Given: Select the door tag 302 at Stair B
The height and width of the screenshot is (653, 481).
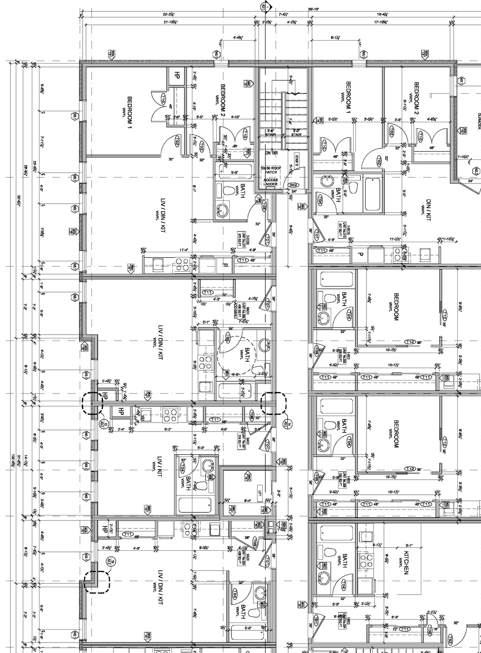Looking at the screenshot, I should [x=293, y=185].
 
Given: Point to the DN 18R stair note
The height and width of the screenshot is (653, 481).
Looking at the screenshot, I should [x=271, y=153].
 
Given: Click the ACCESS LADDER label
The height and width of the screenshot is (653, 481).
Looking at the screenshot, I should [x=271, y=182].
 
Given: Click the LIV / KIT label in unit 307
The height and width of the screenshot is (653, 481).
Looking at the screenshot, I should [x=159, y=467].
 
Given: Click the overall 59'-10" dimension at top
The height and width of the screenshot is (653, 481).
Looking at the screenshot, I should [x=314, y=9].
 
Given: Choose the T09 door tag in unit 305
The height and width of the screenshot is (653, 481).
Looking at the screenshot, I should [x=254, y=542].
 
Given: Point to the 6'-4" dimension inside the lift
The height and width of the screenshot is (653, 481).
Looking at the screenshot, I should [x=248, y=500].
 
